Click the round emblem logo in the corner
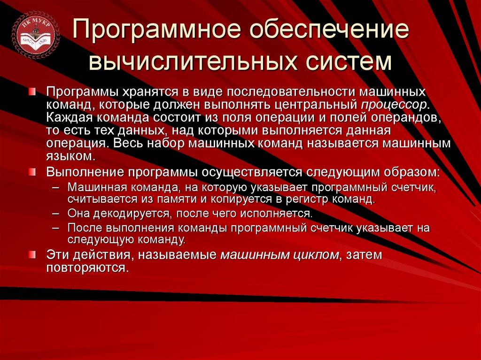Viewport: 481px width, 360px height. coord(36,36)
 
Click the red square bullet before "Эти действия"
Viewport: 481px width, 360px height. coord(31,254)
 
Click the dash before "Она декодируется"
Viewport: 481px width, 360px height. coord(55,214)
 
